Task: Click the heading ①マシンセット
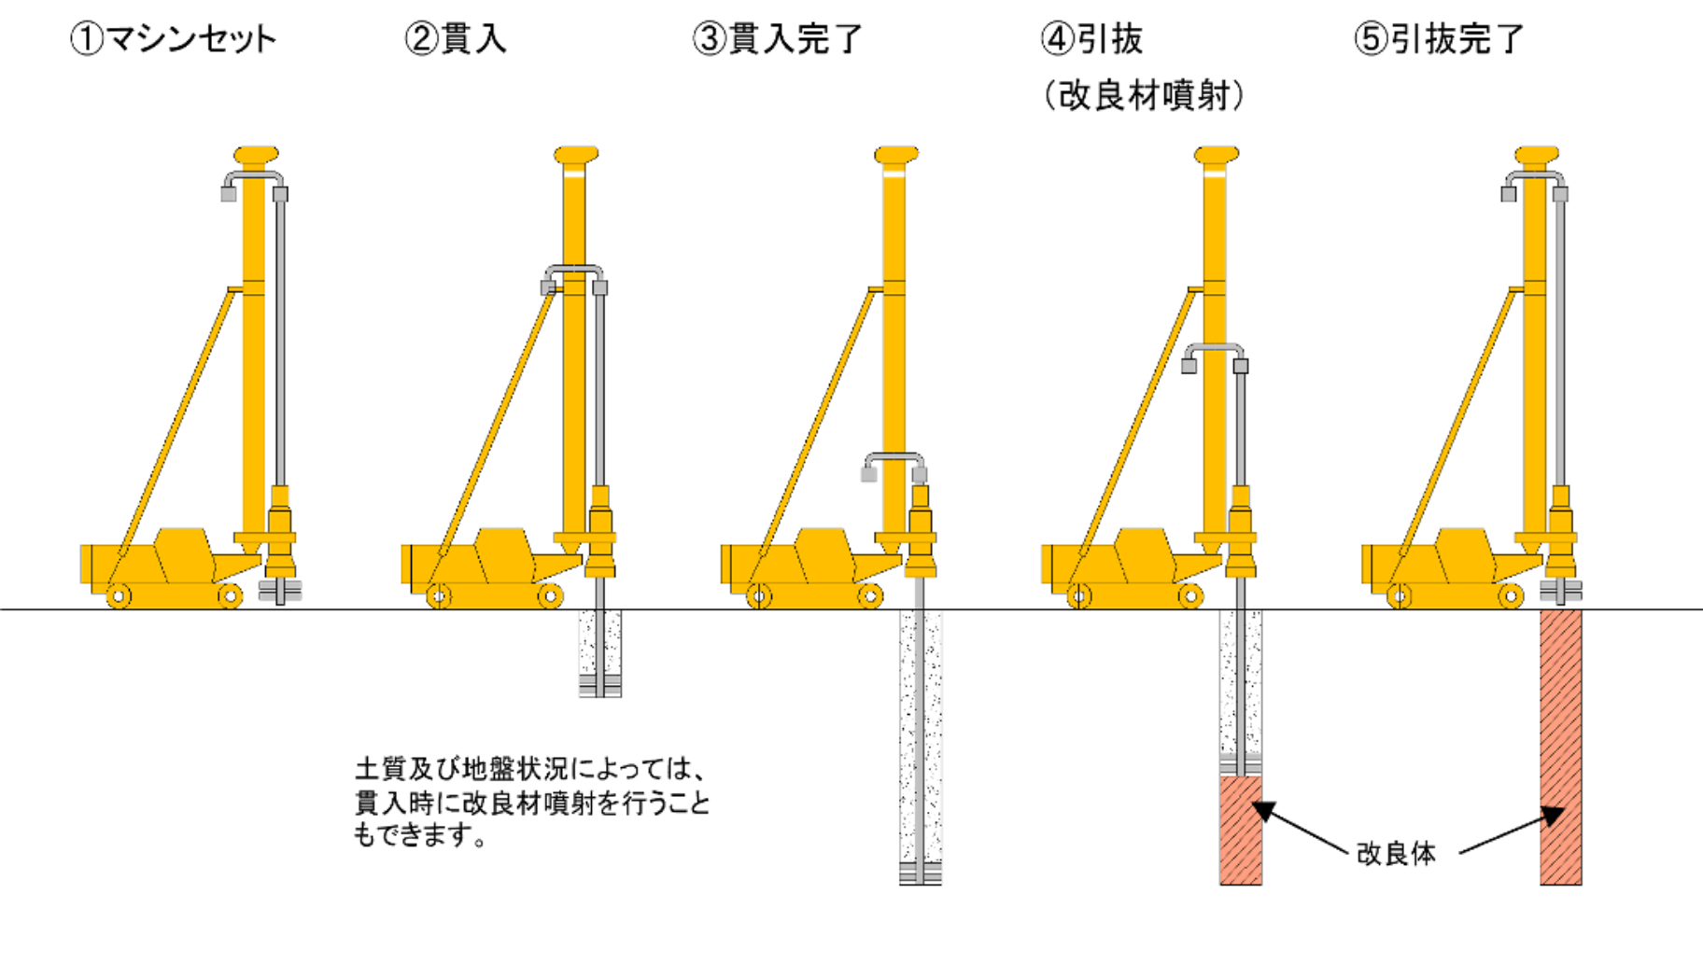(174, 39)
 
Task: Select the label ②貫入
(456, 39)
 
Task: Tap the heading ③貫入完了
(778, 39)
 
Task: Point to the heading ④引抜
(1091, 39)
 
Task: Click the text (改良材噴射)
(1144, 95)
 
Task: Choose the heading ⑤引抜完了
(1439, 39)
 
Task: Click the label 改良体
(1396, 853)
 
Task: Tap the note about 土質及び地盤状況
(532, 802)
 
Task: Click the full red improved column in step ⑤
(1561, 747)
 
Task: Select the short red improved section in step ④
(1241, 830)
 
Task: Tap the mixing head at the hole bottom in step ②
(599, 687)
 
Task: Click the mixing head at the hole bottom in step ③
(920, 874)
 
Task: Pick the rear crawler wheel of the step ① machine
(119, 595)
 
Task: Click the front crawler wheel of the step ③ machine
(869, 595)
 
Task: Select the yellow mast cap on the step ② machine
(576, 155)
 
